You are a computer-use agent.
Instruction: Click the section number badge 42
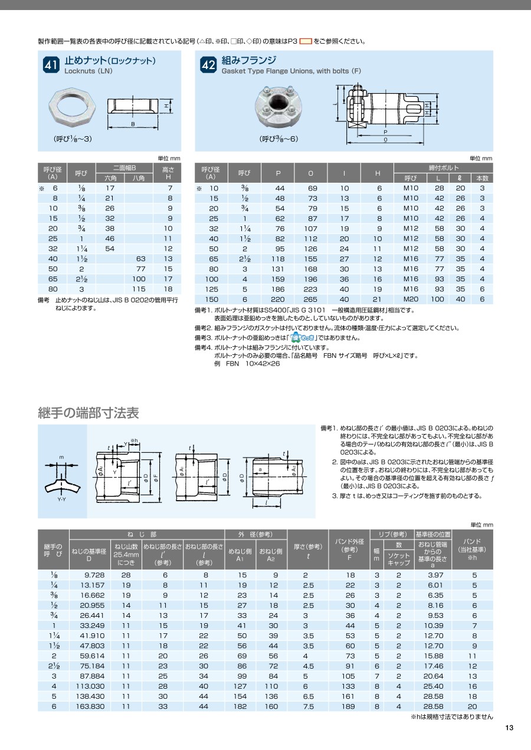pos(208,65)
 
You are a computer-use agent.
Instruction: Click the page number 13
pos(509,728)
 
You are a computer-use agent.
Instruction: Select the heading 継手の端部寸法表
pos(88,413)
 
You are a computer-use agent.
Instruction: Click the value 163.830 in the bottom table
pos(90,706)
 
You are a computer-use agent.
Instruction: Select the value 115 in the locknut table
pos(139,289)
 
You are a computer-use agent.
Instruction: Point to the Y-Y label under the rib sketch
pos(62,499)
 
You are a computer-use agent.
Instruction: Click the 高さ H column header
pos(168,173)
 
